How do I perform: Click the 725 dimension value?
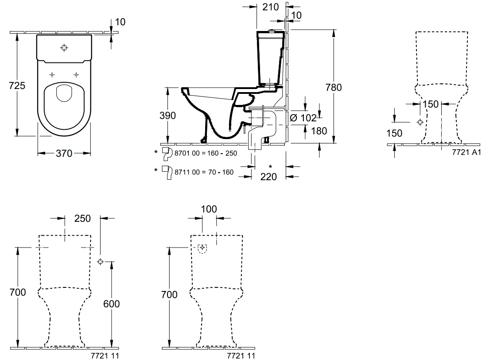17,85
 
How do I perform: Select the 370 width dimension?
64,153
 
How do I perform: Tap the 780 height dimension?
334,87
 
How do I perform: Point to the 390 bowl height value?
167,116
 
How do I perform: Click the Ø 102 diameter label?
303,118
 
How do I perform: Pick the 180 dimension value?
319,131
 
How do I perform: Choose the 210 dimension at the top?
271,7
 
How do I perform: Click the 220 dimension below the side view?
268,177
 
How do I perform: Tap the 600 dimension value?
111,304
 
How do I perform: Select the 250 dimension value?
82,218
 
